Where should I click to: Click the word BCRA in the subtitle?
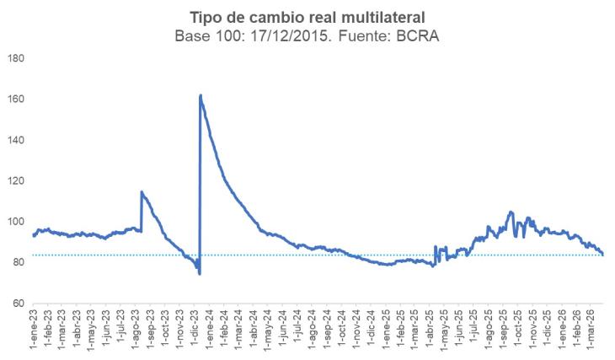click(421, 37)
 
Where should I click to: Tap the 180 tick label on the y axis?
click(16, 58)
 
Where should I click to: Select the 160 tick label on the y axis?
click(16, 99)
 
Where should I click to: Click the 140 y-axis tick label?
click(16, 140)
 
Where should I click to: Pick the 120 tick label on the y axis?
click(16, 181)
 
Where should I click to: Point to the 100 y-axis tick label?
click(16, 222)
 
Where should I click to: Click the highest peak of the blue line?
click(201, 95)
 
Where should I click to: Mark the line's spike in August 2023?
click(142, 192)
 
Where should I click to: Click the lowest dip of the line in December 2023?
click(200, 273)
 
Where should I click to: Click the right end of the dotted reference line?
click(603, 255)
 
